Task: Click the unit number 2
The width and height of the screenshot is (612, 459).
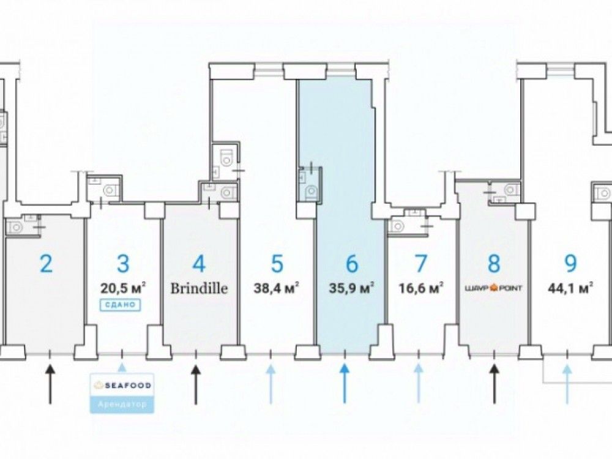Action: point(46,264)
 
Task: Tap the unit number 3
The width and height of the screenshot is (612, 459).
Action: point(123,264)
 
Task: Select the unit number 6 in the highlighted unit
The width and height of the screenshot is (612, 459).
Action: point(351,264)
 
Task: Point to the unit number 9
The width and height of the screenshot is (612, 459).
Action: point(570,264)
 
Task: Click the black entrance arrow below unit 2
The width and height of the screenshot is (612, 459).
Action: point(50,382)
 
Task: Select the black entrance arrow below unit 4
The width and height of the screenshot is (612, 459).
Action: point(196,382)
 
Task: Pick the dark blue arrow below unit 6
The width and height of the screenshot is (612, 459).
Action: point(345,382)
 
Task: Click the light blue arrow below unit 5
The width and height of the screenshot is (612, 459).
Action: point(271,382)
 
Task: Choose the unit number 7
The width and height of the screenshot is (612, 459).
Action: point(420,264)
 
